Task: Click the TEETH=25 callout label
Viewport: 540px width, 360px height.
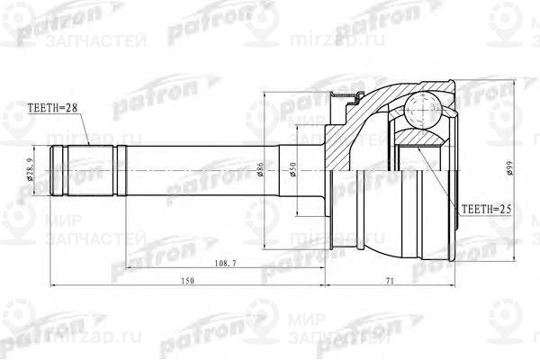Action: click(486, 209)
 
